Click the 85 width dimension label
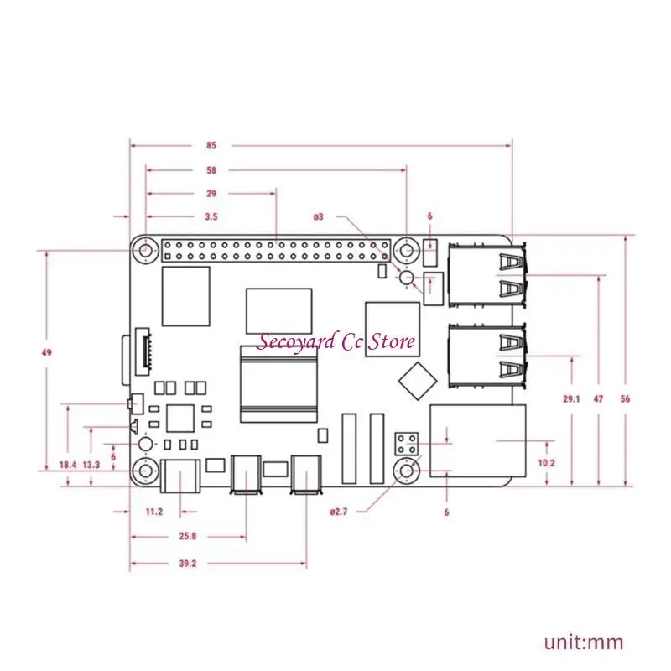211,145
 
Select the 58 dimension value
211,170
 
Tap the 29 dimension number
211,193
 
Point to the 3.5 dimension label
211,216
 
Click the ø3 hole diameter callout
319,216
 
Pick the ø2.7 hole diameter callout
339,511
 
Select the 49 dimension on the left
46,352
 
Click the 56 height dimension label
625,399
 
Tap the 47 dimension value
598,399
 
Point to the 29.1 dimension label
571,399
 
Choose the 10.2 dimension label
546,462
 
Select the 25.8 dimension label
187,535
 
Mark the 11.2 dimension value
154,511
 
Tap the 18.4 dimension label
67,464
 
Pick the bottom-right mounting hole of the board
408,473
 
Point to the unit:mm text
584,643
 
